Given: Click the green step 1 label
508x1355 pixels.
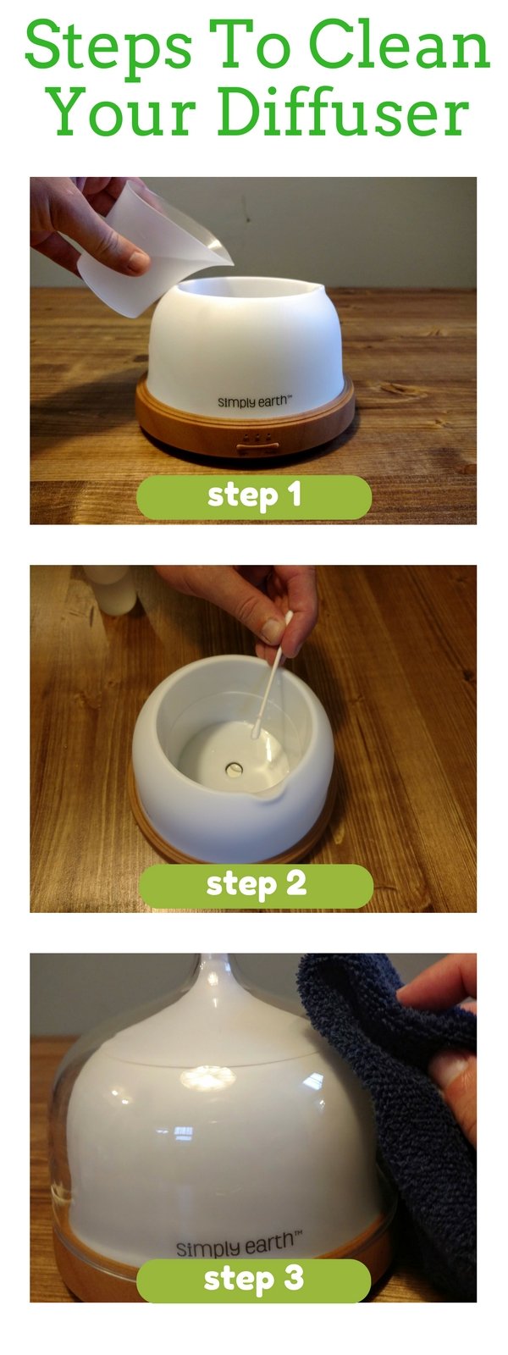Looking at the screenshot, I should (x=254, y=496).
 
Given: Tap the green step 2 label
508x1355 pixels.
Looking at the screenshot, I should (x=255, y=885).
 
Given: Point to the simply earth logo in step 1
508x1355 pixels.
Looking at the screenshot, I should (x=254, y=401).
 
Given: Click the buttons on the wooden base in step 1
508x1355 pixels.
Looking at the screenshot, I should (x=255, y=440).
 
